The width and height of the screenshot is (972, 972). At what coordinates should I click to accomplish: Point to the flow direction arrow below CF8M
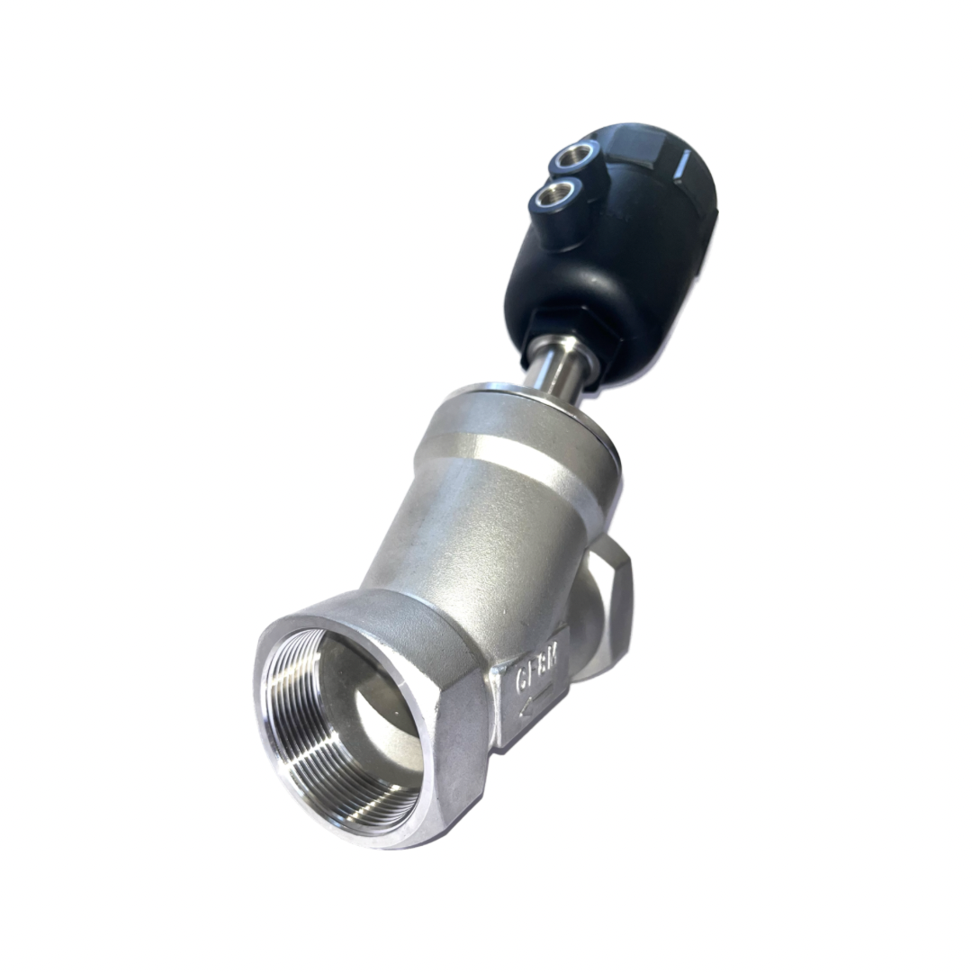click(x=535, y=708)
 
